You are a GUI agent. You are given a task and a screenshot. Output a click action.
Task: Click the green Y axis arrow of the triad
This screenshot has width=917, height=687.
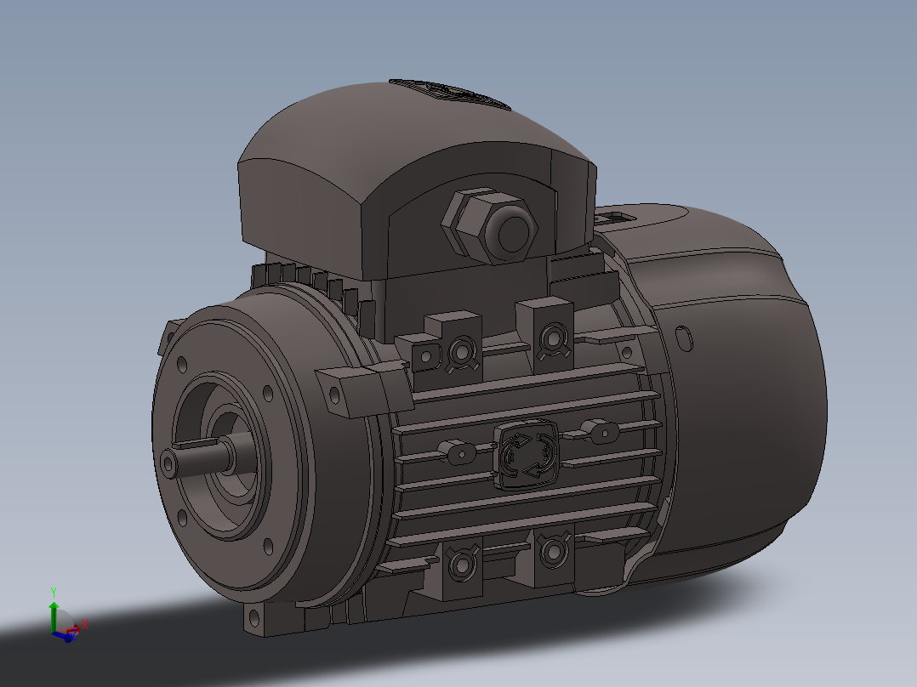(x=54, y=610)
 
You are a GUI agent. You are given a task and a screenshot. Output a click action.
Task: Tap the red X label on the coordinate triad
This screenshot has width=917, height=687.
(x=85, y=623)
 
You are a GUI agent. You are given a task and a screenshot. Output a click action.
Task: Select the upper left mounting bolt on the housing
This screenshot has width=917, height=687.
(x=460, y=349)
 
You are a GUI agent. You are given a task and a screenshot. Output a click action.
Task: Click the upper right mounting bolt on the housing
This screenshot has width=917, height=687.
(x=550, y=336)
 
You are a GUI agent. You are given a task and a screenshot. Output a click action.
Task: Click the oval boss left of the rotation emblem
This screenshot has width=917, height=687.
(x=460, y=452)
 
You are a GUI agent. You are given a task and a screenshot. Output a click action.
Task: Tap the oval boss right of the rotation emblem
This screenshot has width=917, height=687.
(x=602, y=432)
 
